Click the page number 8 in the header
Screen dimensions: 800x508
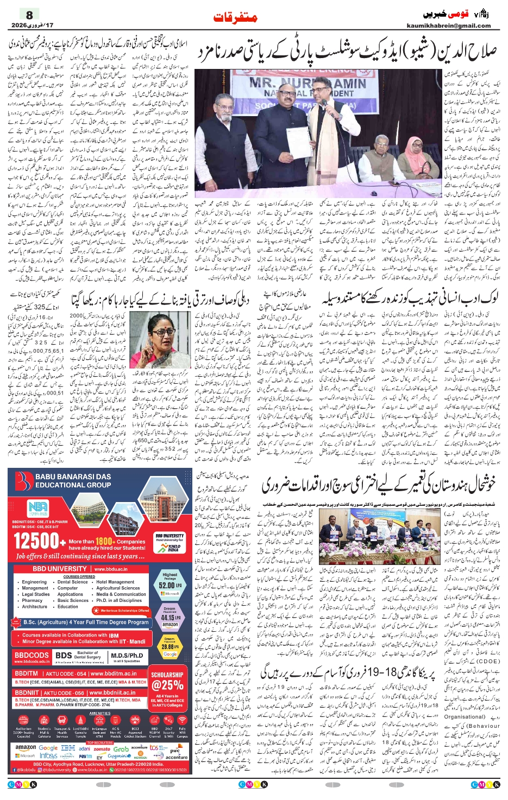30,15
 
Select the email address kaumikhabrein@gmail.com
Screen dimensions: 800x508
448,26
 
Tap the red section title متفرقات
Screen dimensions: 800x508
235,17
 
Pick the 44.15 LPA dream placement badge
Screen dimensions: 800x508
170,617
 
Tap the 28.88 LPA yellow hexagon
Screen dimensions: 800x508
170,647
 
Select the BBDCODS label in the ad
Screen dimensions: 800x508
32,656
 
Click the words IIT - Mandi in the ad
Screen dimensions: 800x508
130,642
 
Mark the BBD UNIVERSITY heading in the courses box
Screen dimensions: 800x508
59,569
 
